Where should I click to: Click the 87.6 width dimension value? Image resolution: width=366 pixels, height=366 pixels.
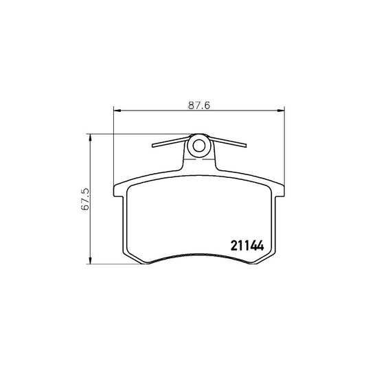199,105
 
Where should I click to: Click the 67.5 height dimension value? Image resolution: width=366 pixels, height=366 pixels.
85,199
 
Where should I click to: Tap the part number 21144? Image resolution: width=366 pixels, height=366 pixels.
247,246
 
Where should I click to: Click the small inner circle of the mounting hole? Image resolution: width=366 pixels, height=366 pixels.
199,146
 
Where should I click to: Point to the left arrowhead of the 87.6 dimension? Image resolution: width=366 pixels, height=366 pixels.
117,110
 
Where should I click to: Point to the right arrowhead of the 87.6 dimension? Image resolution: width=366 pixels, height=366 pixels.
281,110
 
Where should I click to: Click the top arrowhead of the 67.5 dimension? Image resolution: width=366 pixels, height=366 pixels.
90,137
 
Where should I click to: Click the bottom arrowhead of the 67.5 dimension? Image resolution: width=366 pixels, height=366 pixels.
90,261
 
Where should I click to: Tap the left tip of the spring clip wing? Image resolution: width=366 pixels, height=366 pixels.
152,146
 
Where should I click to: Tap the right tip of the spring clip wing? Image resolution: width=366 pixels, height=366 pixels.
246,146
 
